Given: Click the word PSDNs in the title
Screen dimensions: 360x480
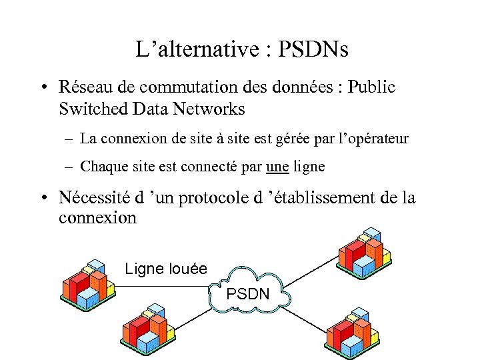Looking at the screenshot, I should click(x=313, y=49).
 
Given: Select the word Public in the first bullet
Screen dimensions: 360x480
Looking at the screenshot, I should click(x=371, y=87).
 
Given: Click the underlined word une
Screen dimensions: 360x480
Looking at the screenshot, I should click(x=277, y=166).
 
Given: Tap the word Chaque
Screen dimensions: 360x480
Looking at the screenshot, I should click(x=101, y=166).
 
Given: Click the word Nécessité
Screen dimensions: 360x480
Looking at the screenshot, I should click(x=95, y=198).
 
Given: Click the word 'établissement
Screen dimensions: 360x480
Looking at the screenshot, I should click(x=321, y=198).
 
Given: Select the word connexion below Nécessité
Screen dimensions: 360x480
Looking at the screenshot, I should click(x=97, y=218).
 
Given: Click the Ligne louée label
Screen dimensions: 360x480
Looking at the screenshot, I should click(x=166, y=269).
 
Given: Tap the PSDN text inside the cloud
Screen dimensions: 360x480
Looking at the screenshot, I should click(x=248, y=293).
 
